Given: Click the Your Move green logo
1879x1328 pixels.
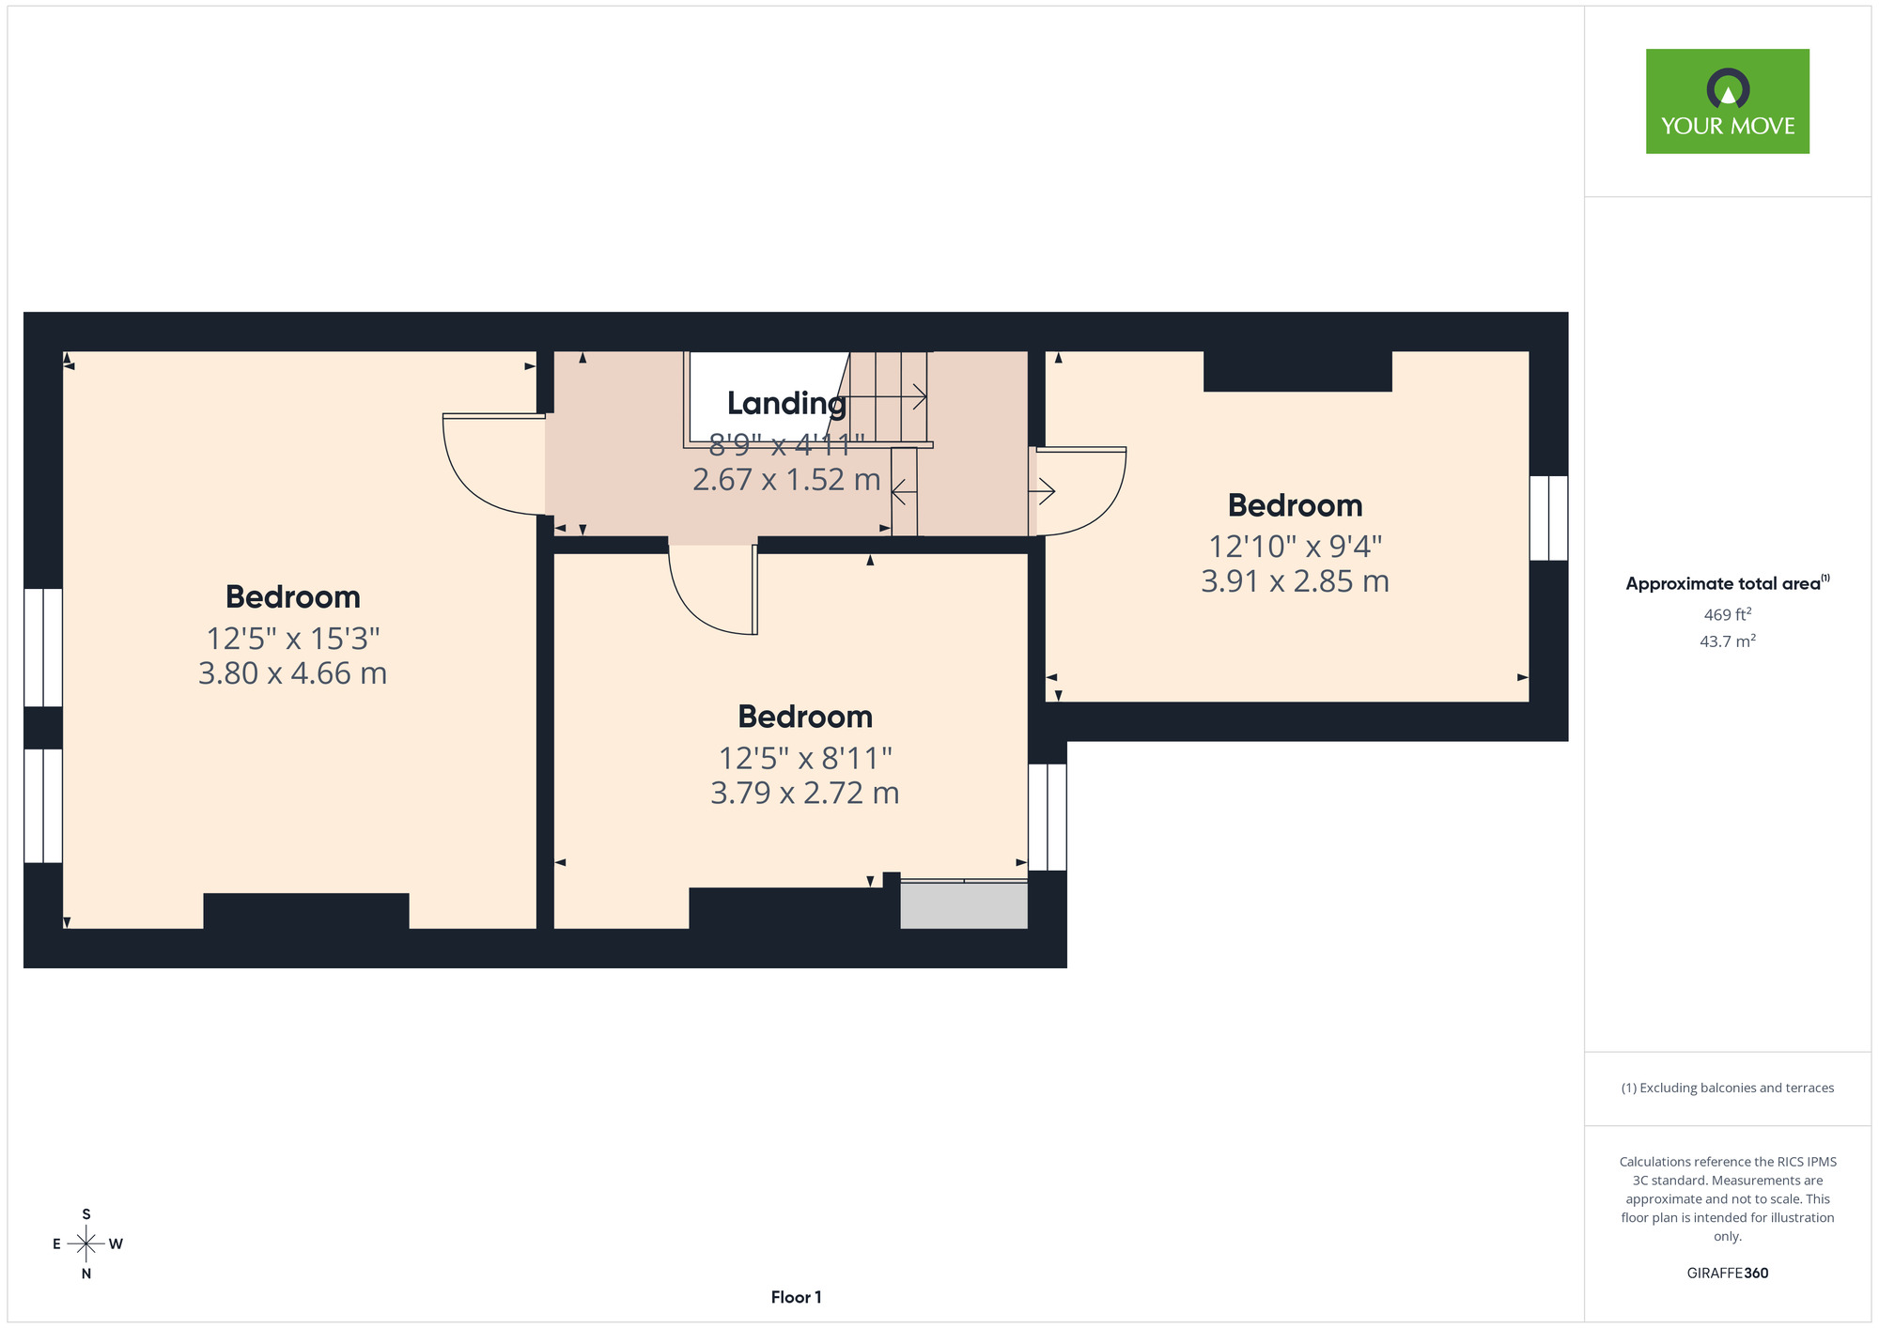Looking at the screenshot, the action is tap(1727, 101).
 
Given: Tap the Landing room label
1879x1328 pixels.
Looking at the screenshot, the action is tap(786, 403).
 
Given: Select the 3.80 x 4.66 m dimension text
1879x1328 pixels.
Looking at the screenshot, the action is tap(292, 673).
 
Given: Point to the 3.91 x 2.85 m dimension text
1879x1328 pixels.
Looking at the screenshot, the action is tap(1295, 581).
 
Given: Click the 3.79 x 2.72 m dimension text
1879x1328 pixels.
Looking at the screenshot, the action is tap(804, 793).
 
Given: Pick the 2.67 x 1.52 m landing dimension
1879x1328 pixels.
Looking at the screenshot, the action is tap(786, 480).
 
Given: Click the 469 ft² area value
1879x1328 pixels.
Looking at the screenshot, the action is tap(1727, 615).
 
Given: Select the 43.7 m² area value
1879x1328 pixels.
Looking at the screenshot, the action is tap(1727, 641).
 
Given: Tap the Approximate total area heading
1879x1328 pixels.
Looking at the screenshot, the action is tap(1727, 583).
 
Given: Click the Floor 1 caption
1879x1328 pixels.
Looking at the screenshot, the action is tap(796, 1297).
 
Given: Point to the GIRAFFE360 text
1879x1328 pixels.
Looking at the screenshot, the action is tap(1727, 1274).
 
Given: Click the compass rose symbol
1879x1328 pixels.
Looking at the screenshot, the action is tap(86, 1244).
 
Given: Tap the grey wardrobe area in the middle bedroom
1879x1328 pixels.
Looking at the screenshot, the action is tap(964, 905).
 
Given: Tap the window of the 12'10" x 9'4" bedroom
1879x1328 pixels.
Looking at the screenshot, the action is tap(1548, 518).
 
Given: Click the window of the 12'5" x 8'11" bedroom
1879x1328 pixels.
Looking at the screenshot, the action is tap(1048, 817).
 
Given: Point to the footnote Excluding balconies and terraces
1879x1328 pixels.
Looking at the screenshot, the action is tap(1727, 1088).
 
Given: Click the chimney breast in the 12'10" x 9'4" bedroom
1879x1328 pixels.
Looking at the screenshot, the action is tap(1297, 371).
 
